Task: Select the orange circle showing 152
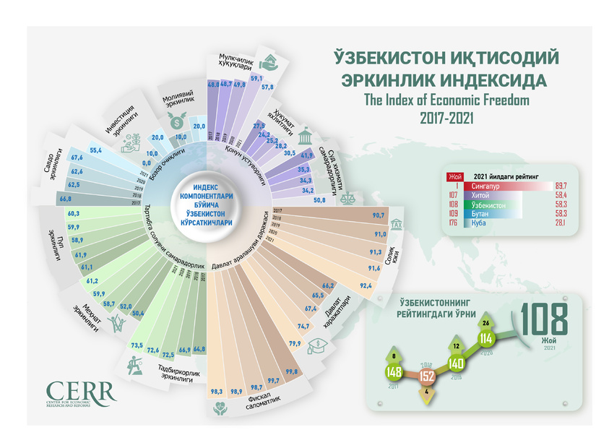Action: click(x=426, y=375)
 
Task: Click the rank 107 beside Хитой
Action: click(x=455, y=195)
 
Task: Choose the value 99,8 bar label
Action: click(x=292, y=371)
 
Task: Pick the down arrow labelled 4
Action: click(x=426, y=395)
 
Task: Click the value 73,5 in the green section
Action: click(x=134, y=345)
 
